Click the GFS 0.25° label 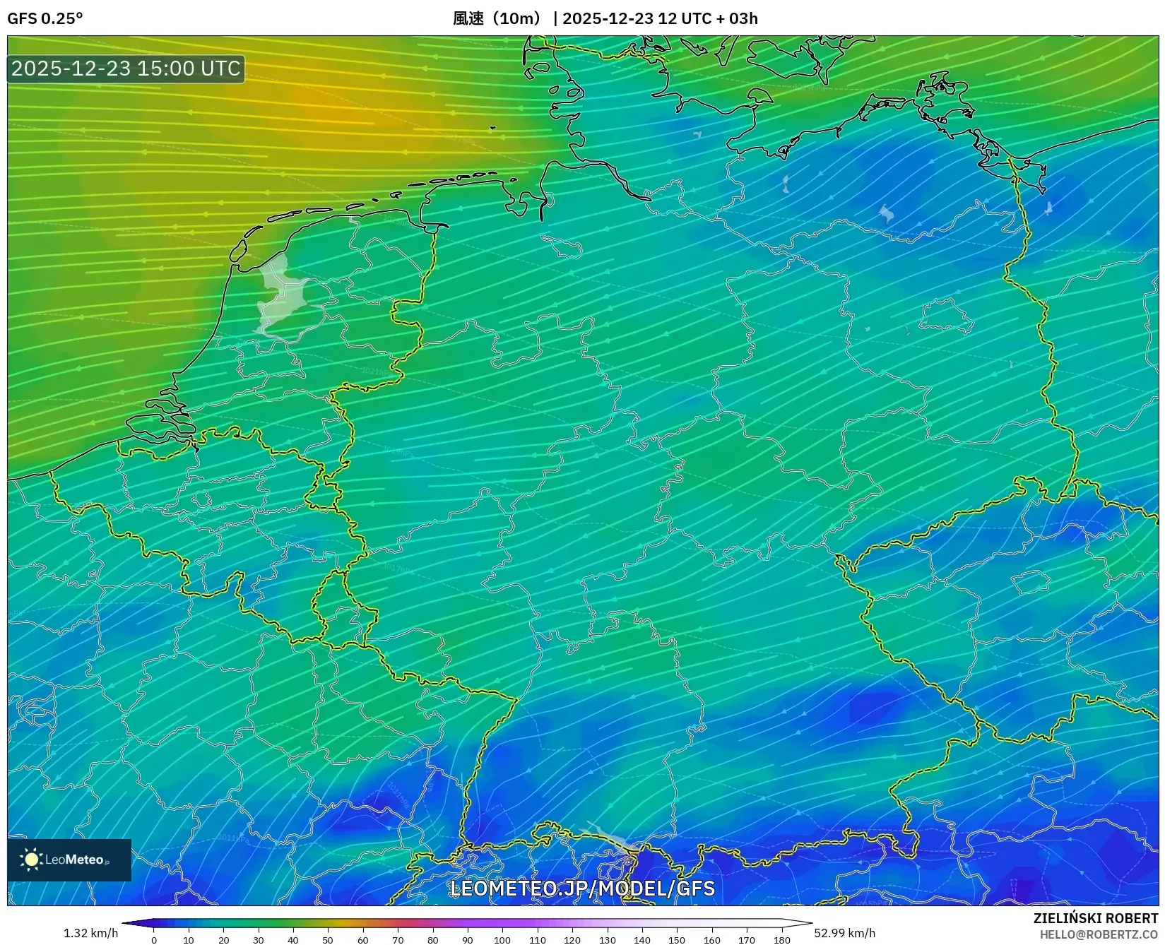[x=45, y=18]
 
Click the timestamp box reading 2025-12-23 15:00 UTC [x=126, y=69]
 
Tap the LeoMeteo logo [x=69, y=860]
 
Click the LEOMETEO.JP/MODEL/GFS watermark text [x=582, y=888]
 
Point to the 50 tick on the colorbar [x=328, y=939]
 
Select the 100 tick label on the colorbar [x=502, y=939]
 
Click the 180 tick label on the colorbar [x=781, y=939]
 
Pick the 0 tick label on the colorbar [x=154, y=939]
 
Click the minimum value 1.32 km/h [x=90, y=933]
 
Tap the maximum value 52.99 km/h [x=844, y=933]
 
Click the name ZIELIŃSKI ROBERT [x=1096, y=918]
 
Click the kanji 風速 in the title [x=468, y=18]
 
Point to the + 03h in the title [x=735, y=18]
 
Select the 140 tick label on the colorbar [x=642, y=939]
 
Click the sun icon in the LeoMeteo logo [x=31, y=860]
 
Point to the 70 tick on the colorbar [x=398, y=939]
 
